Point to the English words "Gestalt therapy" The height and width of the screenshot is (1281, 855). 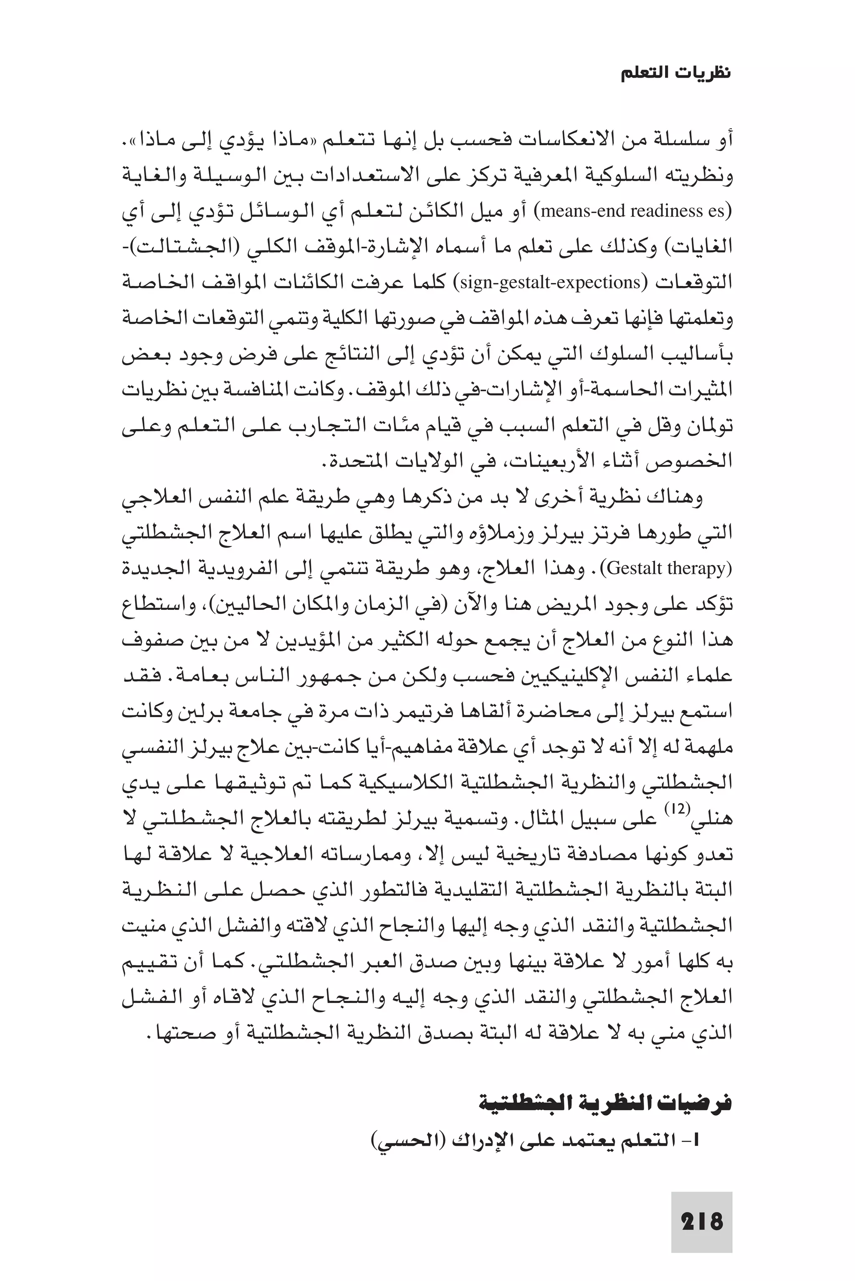coord(668,568)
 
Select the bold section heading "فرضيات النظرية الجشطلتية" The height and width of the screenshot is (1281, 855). coord(605,1088)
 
